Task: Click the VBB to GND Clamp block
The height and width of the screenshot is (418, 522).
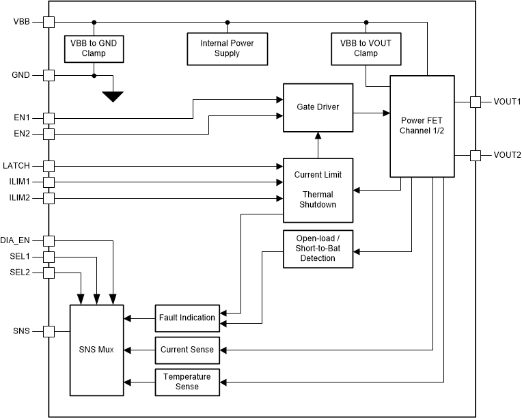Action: point(94,48)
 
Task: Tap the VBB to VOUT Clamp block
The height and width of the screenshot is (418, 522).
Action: point(366,48)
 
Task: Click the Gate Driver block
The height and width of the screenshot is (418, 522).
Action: point(318,108)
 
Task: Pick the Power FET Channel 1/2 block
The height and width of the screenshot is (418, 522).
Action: point(422,126)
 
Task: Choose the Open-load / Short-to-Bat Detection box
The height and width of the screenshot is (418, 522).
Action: point(318,249)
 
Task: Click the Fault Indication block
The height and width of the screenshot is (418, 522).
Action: point(187,318)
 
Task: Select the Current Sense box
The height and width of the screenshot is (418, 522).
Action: point(187,350)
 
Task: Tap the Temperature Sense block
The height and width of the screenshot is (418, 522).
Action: point(187,381)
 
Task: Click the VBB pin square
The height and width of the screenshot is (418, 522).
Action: point(49,22)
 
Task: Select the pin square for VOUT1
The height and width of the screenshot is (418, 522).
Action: point(476,102)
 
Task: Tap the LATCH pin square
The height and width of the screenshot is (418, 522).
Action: point(49,166)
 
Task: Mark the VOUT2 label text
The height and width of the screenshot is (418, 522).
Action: point(507,156)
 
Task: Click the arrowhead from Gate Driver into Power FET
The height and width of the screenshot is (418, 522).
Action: point(386,111)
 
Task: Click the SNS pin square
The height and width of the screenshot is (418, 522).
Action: point(49,331)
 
